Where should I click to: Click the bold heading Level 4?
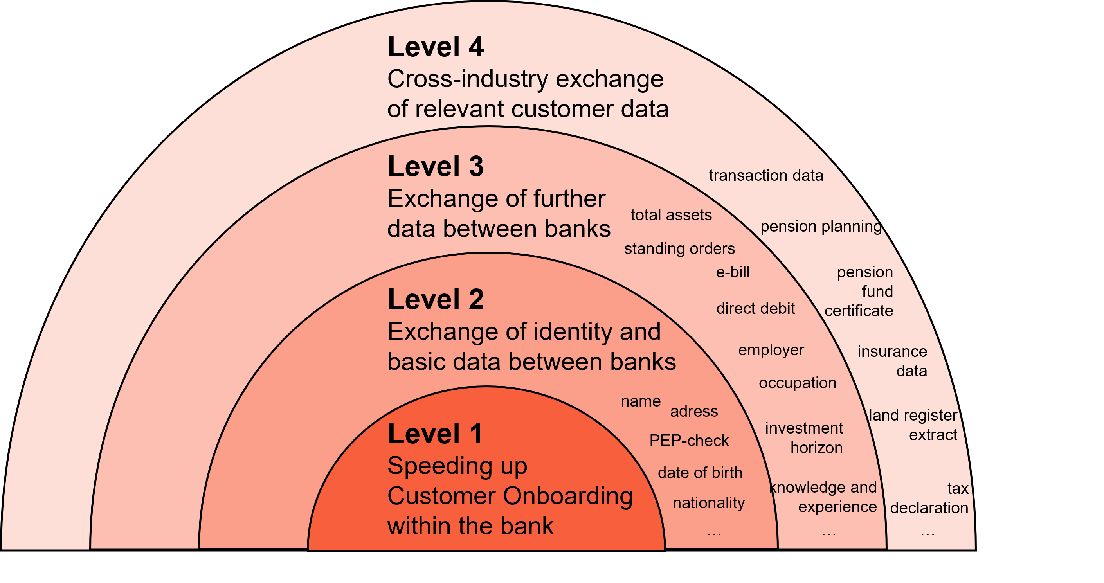(x=436, y=47)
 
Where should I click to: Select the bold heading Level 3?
(x=436, y=167)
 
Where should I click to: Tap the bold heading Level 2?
(x=436, y=299)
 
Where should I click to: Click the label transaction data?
(x=766, y=176)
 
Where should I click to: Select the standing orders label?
(x=679, y=249)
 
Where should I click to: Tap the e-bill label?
(x=733, y=272)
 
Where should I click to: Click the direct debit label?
(x=755, y=308)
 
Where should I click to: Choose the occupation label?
(x=797, y=383)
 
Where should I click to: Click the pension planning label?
(x=821, y=227)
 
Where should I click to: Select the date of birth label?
(x=700, y=473)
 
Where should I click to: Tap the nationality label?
(x=708, y=503)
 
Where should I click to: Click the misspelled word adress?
(x=693, y=412)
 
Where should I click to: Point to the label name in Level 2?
(x=640, y=402)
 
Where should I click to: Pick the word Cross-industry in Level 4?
(x=468, y=79)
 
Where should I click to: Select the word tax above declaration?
(x=957, y=489)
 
